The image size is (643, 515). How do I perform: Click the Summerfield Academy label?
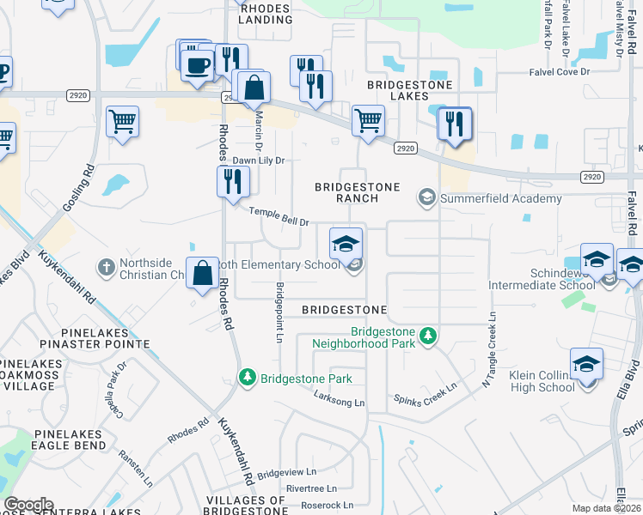point(500,198)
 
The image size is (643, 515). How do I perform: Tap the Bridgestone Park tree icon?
point(247,378)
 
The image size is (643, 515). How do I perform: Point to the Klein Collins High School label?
point(531,381)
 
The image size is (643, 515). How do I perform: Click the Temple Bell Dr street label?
point(279,217)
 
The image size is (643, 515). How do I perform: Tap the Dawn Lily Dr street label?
point(259,161)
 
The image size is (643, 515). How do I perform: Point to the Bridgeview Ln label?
point(287,472)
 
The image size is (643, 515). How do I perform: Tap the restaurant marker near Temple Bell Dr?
point(233,182)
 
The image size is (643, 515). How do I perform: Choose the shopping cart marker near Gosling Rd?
point(123,121)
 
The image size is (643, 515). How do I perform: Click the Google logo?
point(28,505)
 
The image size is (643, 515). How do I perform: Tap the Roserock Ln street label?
point(322,506)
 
